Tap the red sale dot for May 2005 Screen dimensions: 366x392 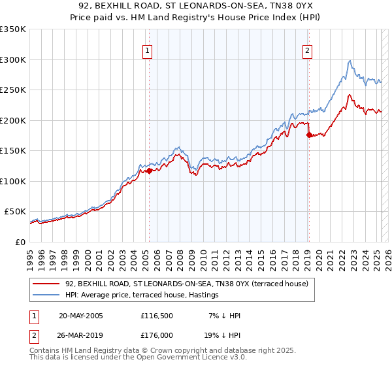(149, 171)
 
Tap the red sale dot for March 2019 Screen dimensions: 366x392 (309, 135)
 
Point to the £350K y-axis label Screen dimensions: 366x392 (13, 29)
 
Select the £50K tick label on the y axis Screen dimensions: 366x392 (16, 212)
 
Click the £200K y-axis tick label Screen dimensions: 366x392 (13, 120)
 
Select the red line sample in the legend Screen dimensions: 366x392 (47, 283)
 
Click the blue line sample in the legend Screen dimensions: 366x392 (47, 295)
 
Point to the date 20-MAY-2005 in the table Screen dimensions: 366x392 (80, 316)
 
